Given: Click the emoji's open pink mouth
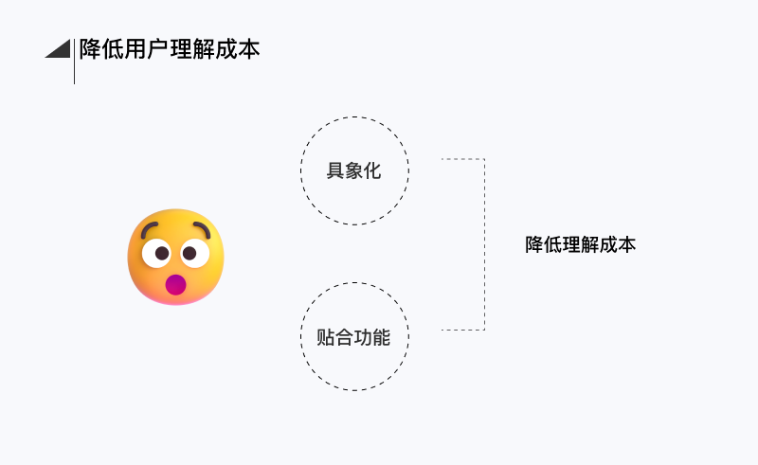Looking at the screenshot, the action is point(175,284).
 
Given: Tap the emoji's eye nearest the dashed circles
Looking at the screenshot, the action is point(192,254).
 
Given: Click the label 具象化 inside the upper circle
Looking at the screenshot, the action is point(353,171).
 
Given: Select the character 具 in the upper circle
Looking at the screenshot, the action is point(335,171).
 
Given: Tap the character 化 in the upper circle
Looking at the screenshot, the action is point(371,171).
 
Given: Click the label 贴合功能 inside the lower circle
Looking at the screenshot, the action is point(353,337).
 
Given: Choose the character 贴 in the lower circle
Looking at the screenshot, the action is point(327,337).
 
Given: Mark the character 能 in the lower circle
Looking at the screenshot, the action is point(381,337).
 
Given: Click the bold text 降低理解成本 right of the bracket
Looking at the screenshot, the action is point(580,244).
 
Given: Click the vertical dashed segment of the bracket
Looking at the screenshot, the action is point(484,244).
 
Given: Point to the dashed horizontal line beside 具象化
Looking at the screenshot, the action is point(462,159).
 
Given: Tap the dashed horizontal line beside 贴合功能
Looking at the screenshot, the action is point(462,330).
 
